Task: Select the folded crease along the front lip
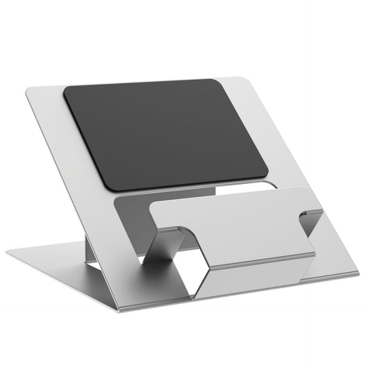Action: coord(257,260)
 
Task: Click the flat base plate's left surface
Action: coord(62,267)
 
